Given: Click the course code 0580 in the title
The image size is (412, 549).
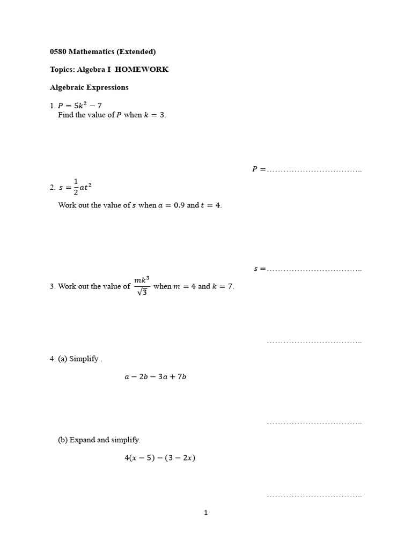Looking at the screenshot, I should pyautogui.click(x=57, y=52).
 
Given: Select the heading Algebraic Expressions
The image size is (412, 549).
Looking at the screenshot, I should pyautogui.click(x=89, y=87).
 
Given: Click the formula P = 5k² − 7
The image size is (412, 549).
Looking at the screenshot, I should pyautogui.click(x=79, y=105).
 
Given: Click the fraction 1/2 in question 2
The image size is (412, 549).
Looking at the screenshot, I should pyautogui.click(x=76, y=187).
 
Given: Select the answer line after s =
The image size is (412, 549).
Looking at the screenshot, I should pyautogui.click(x=314, y=270).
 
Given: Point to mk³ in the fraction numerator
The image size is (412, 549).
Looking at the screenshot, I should pyautogui.click(x=142, y=279).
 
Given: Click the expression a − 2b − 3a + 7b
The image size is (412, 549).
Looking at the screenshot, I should pyautogui.click(x=155, y=376).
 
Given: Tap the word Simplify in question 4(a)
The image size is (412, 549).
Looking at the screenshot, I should pyautogui.click(x=84, y=359).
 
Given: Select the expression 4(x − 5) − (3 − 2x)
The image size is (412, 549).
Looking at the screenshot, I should pyautogui.click(x=159, y=458).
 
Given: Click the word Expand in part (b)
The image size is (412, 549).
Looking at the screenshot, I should pyautogui.click(x=82, y=440).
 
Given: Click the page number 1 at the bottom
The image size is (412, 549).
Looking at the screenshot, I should pyautogui.click(x=206, y=513).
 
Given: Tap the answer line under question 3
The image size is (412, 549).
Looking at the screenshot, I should pyautogui.click(x=314, y=342).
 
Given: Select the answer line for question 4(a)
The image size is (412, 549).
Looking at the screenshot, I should pyautogui.click(x=314, y=424).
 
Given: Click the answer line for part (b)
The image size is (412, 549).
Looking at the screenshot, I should pyautogui.click(x=314, y=496).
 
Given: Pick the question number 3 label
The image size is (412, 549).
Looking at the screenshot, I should pyautogui.click(x=52, y=286).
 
